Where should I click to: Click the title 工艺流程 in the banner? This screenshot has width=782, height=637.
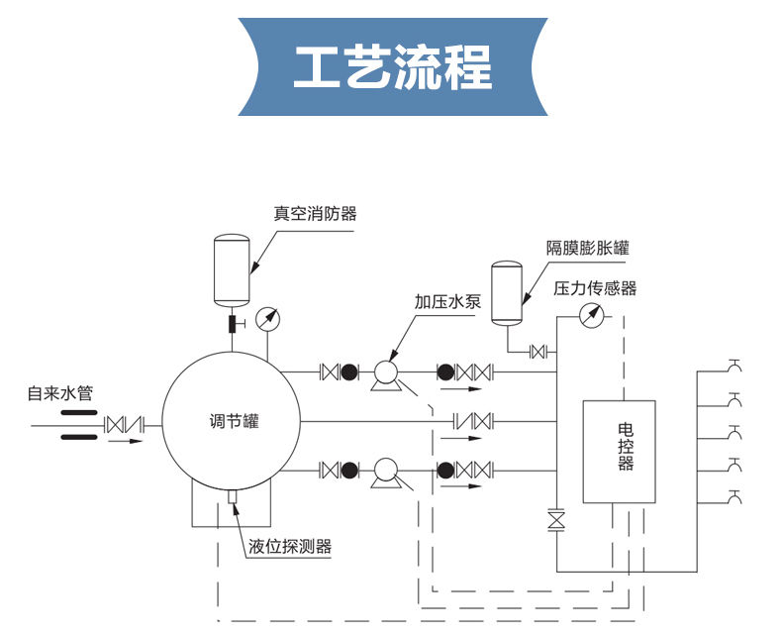(x=393, y=67)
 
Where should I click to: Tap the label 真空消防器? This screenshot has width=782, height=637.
(x=315, y=213)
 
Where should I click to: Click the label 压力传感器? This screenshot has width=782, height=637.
(x=594, y=288)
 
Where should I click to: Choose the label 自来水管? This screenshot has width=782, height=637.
(x=60, y=393)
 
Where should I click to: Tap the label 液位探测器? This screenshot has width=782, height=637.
(x=289, y=546)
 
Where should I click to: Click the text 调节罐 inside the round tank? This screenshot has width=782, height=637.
(x=230, y=421)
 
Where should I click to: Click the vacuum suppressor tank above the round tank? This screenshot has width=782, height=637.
(x=232, y=268)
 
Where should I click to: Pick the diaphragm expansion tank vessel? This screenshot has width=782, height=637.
(x=507, y=291)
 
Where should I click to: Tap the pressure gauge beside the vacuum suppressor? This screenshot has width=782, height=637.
(x=267, y=319)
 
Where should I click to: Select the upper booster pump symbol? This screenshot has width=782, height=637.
(x=384, y=374)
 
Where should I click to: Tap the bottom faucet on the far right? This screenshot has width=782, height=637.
(x=733, y=496)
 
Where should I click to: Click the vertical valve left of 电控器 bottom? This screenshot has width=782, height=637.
(x=556, y=520)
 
